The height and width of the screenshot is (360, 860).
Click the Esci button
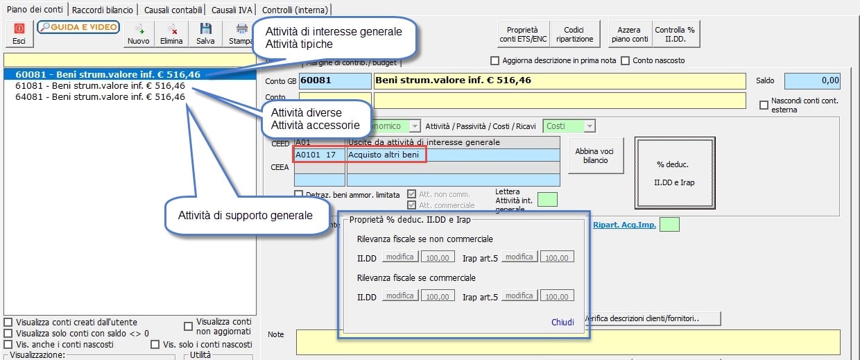(19, 33)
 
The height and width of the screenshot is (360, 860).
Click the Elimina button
(171, 33)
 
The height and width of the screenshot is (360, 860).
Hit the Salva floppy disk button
(205, 33)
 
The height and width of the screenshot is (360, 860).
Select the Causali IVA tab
(232, 10)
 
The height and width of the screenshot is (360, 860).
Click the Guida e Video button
(78, 27)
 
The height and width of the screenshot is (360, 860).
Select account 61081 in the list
(100, 85)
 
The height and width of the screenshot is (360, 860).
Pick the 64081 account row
(100, 97)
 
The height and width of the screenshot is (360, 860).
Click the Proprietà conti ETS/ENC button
(522, 34)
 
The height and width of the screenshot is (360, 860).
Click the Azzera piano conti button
(630, 34)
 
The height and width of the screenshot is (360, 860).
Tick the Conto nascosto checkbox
(626, 60)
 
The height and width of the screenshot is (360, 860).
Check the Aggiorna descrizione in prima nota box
(495, 60)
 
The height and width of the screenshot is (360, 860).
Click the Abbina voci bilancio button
(595, 155)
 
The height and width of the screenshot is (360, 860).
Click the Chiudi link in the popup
(562, 322)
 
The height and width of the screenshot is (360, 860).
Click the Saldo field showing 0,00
(812, 80)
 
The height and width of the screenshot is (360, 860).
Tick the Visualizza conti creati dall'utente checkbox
(8, 323)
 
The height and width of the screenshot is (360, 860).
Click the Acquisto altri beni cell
(386, 155)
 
